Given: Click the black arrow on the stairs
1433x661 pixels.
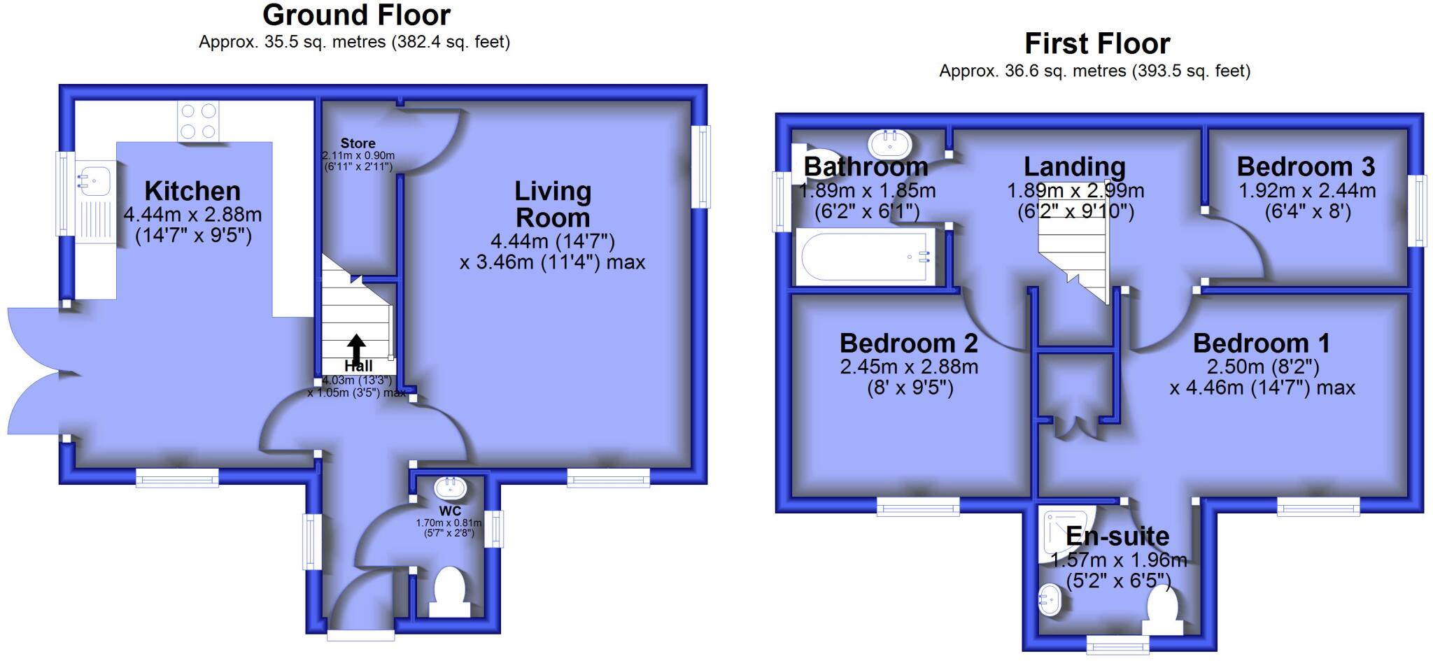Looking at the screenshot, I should click(356, 348).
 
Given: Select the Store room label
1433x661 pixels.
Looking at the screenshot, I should click(358, 143).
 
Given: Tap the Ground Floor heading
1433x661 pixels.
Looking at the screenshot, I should click(356, 15).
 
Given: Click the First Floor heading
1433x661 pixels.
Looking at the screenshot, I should click(1096, 44).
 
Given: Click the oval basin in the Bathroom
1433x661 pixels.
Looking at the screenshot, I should click(889, 144).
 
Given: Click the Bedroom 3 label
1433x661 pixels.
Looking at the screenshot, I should click(1306, 166).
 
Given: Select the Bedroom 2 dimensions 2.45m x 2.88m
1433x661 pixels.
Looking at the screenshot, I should click(909, 367).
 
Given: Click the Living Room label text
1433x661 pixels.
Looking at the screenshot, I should click(552, 204).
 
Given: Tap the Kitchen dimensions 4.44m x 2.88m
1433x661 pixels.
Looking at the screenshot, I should click(192, 214).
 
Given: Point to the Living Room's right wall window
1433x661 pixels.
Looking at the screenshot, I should click(700, 166).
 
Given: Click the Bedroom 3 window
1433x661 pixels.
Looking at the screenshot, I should click(1418, 211).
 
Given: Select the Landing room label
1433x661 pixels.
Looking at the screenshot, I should click(1074, 166).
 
